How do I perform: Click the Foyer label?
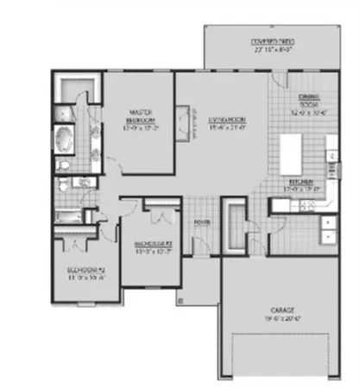point(202,221)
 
